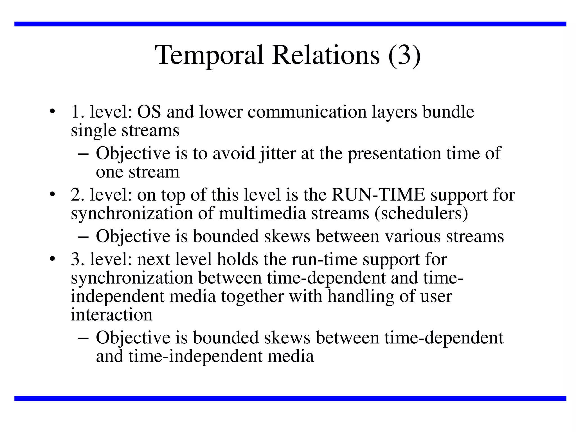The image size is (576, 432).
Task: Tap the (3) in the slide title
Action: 404,55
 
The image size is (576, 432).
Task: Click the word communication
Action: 307,112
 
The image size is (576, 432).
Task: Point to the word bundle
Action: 448,112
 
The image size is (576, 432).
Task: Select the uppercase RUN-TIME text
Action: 379,195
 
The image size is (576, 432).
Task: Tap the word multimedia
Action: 262,213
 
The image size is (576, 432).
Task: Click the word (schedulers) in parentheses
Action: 421,213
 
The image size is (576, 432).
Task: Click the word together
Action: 252,296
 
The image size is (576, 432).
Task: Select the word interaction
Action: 111,315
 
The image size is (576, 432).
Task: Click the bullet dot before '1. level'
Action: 51,111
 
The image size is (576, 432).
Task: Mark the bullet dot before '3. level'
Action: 51,259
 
